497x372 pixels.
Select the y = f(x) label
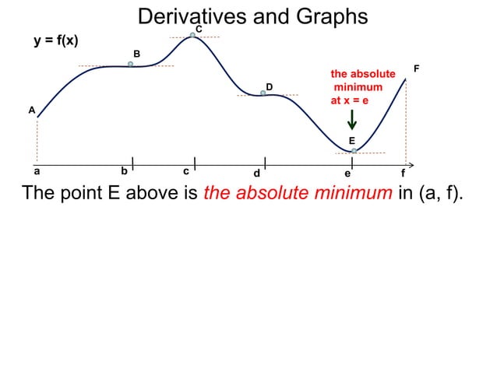tap(55, 40)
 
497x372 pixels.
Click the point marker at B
tap(131, 65)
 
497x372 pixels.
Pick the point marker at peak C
tap(192, 35)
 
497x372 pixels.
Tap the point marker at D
tap(263, 93)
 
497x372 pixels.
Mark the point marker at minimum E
tap(354, 150)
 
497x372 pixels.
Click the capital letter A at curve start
tap(32, 111)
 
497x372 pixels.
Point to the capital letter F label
tap(417, 69)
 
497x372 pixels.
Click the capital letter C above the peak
tap(199, 29)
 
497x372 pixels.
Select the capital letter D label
tap(270, 86)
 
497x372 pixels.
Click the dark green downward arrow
tap(352, 119)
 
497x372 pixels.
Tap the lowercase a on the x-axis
tap(37, 171)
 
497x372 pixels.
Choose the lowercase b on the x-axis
tap(124, 171)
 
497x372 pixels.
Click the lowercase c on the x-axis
tap(185, 171)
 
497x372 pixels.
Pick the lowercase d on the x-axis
tap(256, 173)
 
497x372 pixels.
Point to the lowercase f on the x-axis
tap(403, 173)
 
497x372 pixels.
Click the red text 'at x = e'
tap(351, 101)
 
